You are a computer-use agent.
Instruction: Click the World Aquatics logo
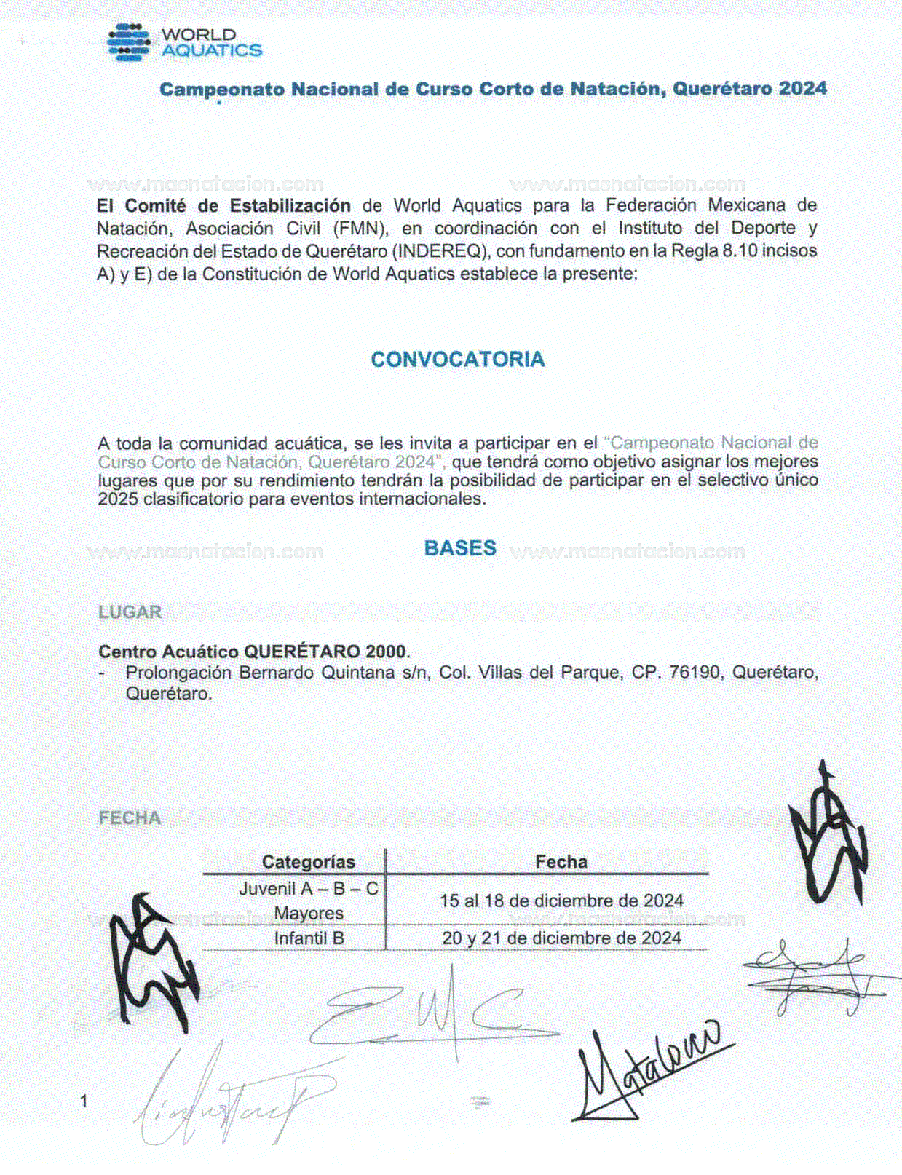(x=183, y=42)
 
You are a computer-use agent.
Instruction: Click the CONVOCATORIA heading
(x=457, y=360)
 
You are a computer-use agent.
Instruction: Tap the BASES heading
(x=460, y=548)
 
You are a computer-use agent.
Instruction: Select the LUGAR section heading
(x=130, y=612)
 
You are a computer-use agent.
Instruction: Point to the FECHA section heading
(x=130, y=818)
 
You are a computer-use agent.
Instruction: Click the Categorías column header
(x=308, y=862)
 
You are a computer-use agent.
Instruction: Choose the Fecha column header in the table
(x=561, y=862)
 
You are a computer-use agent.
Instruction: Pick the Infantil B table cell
(x=309, y=938)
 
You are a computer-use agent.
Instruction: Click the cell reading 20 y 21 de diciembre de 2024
(x=561, y=938)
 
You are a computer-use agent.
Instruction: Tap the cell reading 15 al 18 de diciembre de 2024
(x=561, y=901)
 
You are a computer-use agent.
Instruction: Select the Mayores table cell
(x=309, y=913)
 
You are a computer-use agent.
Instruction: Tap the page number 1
(x=84, y=1101)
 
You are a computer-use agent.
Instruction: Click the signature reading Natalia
(x=648, y=1070)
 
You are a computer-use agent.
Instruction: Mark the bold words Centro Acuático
(x=168, y=651)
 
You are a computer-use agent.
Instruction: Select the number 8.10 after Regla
(x=739, y=251)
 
